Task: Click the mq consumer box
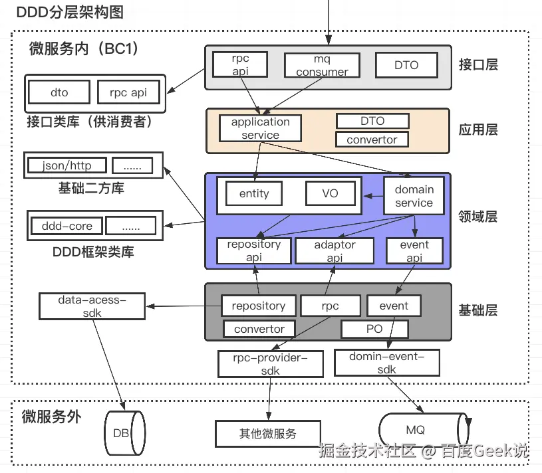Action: coord(322,65)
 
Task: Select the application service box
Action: coord(260,128)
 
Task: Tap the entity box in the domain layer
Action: coord(254,194)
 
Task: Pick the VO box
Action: coord(330,194)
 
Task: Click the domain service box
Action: coord(414,196)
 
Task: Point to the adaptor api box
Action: coord(335,251)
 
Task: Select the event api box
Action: coord(414,251)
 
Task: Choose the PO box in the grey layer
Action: coord(374,329)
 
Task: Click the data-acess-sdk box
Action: coord(92,306)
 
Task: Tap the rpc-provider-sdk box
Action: coord(270,364)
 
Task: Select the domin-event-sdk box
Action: coord(386,363)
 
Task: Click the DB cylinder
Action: coord(123,433)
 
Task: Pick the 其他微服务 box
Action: coord(267,434)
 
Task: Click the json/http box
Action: coord(67,165)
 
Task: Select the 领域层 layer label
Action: coord(478,217)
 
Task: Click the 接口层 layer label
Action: coord(478,64)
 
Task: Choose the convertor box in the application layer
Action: coord(372,140)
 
